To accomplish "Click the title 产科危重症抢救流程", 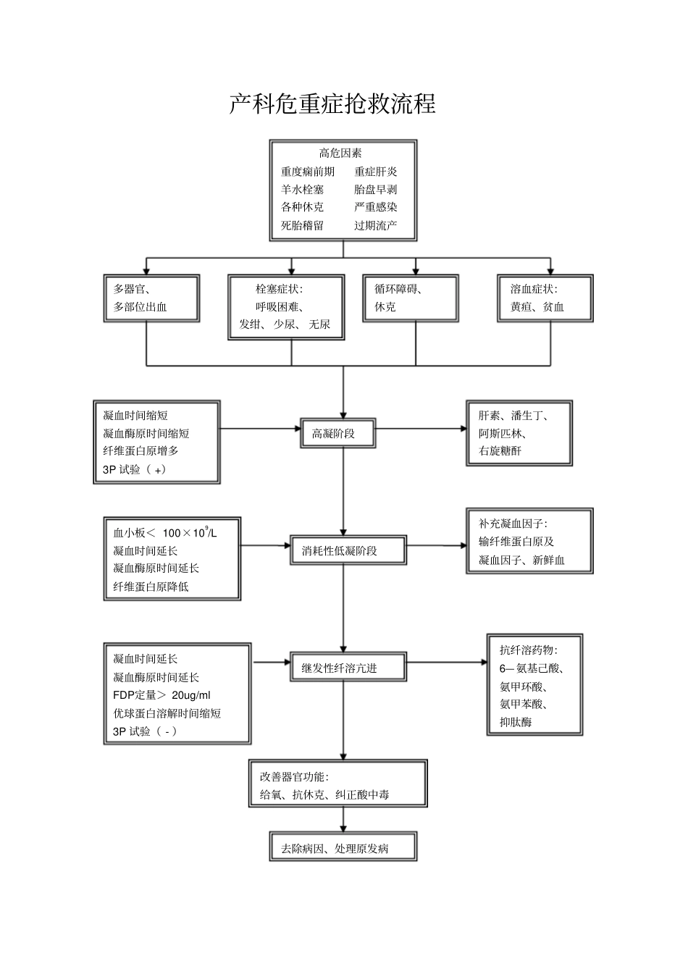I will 332,104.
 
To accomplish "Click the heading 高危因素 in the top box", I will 340,153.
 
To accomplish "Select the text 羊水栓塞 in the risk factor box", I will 303,189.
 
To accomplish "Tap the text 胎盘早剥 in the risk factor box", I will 375,189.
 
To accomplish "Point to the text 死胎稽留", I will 303,225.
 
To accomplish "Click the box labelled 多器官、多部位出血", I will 151,298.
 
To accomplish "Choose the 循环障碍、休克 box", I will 411,298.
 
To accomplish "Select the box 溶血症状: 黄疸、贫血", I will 545,298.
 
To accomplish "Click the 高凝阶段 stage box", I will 338,434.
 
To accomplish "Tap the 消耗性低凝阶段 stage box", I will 348,550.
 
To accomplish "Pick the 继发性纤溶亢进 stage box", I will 348,668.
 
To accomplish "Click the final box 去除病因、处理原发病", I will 343,848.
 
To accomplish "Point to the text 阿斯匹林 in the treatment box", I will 502,433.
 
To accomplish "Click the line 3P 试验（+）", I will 135,469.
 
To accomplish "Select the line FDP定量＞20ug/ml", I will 161,695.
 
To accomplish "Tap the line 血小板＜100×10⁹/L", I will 164,533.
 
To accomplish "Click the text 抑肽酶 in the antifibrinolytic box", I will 516,722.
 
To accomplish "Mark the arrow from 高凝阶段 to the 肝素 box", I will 421,429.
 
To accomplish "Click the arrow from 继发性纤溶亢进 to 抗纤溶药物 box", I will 447,662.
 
